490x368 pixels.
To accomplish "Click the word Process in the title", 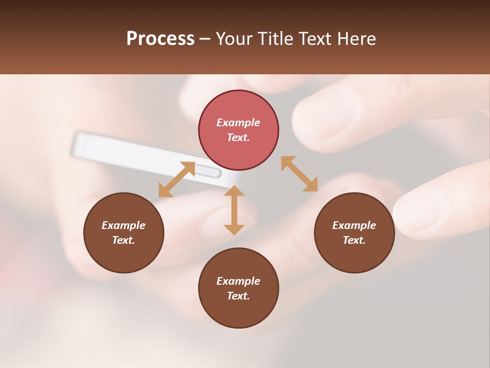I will point(160,39).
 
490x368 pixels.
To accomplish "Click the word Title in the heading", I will point(276,39).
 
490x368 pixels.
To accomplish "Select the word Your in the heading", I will point(233,39).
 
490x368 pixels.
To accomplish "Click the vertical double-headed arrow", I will point(234,210).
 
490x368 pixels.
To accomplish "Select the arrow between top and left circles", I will point(177,179).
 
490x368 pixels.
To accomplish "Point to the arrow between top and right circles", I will point(299,174).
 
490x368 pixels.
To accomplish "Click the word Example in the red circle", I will point(238,123).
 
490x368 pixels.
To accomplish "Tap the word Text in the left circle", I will point(123,240).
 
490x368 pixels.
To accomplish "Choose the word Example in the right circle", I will point(354,225).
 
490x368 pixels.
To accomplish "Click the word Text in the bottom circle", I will point(238,296).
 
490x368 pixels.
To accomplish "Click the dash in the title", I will point(205,39).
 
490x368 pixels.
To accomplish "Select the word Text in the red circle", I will point(238,138).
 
